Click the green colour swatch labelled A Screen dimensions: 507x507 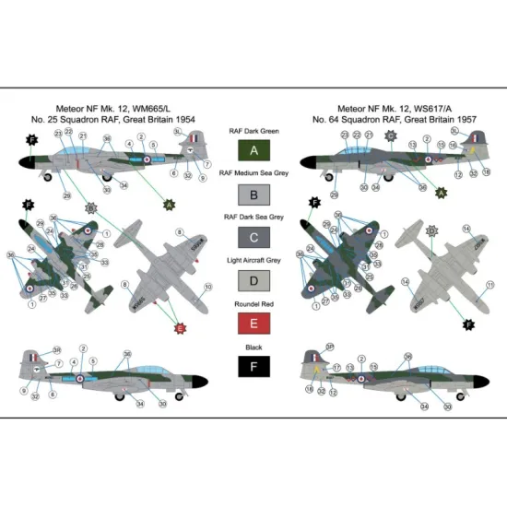tap(253, 151)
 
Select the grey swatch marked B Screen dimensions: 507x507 tap(253, 195)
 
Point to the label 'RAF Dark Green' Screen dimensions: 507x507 tap(253, 131)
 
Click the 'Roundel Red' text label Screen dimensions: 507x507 tap(253, 306)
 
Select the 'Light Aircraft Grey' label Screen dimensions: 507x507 tap(253, 263)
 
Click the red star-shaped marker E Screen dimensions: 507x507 tap(181, 325)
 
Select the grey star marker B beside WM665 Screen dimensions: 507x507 tap(90, 208)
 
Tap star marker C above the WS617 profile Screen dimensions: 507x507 tap(390, 136)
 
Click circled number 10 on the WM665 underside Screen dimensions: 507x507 tap(207, 288)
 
